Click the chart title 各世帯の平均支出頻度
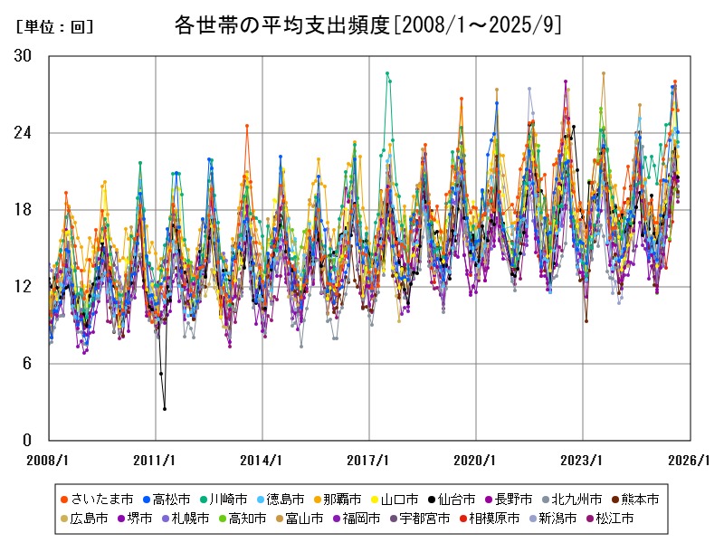point(367,24)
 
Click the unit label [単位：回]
point(55,26)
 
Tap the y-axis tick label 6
point(26,364)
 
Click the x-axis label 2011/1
point(155,460)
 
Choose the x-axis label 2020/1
point(476,460)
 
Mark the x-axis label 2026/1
point(691,460)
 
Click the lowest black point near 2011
point(165,409)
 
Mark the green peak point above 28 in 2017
point(387,73)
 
